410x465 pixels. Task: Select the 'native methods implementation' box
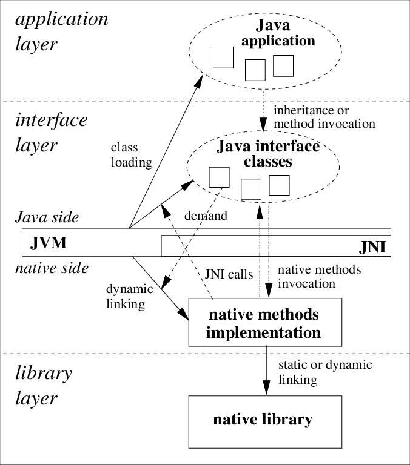263,323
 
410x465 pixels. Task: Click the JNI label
372,248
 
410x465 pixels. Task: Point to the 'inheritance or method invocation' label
324,117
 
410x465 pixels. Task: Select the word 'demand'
206,215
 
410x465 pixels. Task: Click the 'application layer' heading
61,31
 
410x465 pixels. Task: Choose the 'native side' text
52,267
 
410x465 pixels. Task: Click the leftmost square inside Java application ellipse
223,58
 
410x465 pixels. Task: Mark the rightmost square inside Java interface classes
279,185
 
